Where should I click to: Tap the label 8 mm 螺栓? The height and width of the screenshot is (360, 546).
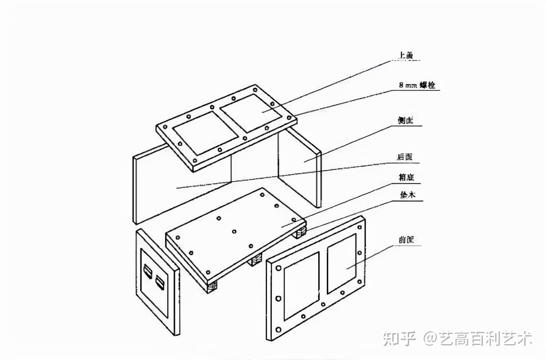pyautogui.click(x=417, y=85)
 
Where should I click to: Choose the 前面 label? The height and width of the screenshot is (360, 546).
pyautogui.click(x=406, y=240)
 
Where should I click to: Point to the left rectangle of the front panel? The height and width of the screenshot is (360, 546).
pyautogui.click(x=301, y=285)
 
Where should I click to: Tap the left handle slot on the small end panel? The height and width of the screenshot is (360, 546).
pyautogui.click(x=148, y=272)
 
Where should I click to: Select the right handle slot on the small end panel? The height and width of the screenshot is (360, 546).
pyautogui.click(x=160, y=282)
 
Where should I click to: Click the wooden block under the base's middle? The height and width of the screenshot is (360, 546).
pyautogui.click(x=256, y=261)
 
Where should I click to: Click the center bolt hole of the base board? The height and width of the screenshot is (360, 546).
pyautogui.click(x=234, y=232)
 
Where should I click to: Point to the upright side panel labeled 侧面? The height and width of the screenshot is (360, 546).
pyautogui.click(x=299, y=164)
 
